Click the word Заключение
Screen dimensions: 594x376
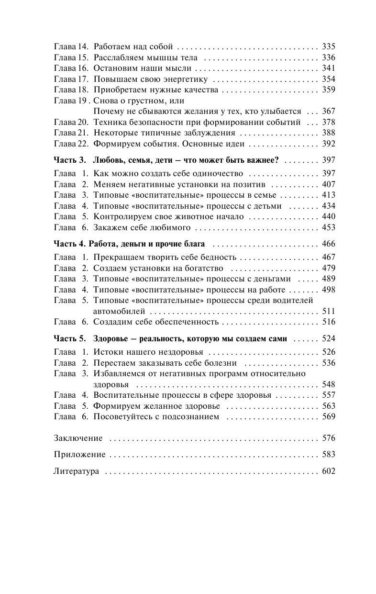78,438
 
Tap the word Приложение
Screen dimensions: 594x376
80,455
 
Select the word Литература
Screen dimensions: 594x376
77,471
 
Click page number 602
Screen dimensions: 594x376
329,471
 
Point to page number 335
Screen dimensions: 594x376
329,47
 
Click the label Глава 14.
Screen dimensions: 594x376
71,47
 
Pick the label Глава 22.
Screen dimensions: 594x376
71,144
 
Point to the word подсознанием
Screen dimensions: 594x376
192,417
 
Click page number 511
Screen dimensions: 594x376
329,312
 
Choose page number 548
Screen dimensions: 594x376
329,384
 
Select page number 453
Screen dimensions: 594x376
329,227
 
